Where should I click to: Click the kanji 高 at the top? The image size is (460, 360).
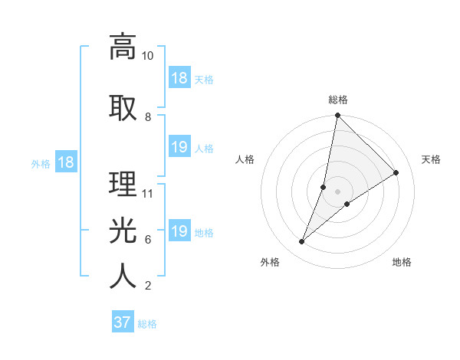[123, 47]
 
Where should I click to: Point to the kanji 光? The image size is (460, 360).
[123, 230]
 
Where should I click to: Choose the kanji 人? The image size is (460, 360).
[123, 277]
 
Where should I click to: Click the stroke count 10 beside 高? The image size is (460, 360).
[148, 56]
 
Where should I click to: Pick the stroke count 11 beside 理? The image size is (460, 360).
[148, 193]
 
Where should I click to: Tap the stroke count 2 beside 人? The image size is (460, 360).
[147, 286]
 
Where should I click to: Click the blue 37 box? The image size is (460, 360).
[123, 322]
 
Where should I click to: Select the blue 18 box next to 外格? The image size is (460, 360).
[65, 163]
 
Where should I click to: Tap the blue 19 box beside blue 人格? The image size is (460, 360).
[179, 148]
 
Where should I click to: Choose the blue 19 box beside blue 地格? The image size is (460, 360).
[179, 232]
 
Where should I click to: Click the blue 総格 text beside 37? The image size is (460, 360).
[147, 324]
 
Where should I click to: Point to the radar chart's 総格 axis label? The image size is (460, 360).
[337, 100]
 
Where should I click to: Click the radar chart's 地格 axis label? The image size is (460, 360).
[402, 262]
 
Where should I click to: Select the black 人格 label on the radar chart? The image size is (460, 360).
[245, 159]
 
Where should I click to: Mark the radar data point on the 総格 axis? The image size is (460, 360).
[337, 116]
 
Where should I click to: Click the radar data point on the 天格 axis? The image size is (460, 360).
[396, 172]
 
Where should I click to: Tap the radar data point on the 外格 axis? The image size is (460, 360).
[302, 242]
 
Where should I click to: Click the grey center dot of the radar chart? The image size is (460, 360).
[337, 191]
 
